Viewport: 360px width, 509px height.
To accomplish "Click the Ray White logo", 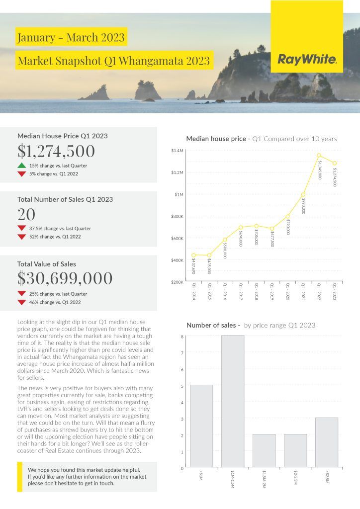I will [x=307, y=60].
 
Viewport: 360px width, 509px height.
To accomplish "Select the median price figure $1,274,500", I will [x=56, y=151].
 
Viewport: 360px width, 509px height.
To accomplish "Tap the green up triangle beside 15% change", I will [x=21, y=166].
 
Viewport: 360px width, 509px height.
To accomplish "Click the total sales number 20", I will [x=26, y=214].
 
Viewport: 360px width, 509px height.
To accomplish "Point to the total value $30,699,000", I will [x=65, y=278].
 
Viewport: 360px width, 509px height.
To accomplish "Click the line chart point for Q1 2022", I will [x=319, y=156].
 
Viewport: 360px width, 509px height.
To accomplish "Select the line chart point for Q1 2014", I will [x=193, y=255].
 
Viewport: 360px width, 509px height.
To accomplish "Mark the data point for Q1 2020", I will [x=287, y=216].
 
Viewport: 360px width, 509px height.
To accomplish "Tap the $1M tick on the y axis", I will [x=179, y=194].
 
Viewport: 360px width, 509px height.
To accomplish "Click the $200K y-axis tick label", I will [x=178, y=282].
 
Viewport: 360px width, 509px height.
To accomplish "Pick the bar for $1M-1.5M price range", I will [x=233, y=401].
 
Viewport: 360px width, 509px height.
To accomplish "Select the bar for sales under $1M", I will [x=201, y=425].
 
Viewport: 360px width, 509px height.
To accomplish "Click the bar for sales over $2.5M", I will [x=327, y=442].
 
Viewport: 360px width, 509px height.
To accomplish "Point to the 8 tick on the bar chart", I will [x=182, y=337].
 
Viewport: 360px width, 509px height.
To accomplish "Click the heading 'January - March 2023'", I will [x=71, y=37].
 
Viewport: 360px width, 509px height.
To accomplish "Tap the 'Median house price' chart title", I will [x=217, y=139].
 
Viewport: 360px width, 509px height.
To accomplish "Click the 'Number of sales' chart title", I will [x=213, y=325].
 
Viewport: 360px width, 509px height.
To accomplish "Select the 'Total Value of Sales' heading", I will [x=47, y=264].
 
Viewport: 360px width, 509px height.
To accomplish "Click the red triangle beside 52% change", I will [x=21, y=237].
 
